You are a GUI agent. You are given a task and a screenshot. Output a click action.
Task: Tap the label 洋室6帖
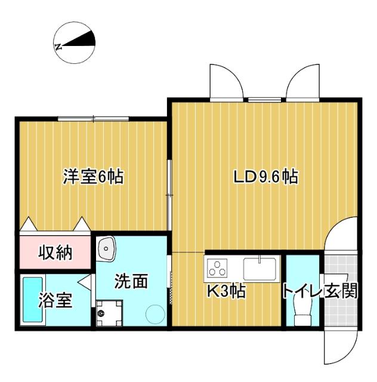[94, 177]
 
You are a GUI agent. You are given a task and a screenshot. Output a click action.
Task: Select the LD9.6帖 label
[265, 177]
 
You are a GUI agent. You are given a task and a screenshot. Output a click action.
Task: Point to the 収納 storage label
[55, 253]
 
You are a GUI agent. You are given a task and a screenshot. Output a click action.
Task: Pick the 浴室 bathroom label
[56, 300]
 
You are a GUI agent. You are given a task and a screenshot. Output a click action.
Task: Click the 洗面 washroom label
[131, 281]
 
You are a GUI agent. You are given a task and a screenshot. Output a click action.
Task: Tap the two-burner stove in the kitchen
[218, 267]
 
